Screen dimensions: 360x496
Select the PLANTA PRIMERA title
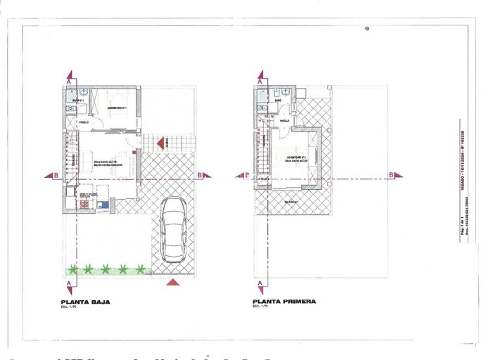click(x=284, y=302)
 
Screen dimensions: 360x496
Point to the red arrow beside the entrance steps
click(x=161, y=143)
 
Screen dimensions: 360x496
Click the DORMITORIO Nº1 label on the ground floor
click(x=116, y=108)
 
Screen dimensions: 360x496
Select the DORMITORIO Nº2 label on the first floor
click(x=295, y=157)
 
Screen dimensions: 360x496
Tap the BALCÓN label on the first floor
click(x=292, y=202)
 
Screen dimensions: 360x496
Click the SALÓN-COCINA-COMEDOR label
click(x=108, y=165)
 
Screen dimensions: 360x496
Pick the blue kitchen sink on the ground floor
click(x=103, y=205)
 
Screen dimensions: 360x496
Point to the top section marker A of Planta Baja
click(x=68, y=82)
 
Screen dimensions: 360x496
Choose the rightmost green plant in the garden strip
click(x=141, y=269)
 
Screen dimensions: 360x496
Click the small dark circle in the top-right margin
click(x=367, y=29)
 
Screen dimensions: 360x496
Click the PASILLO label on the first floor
click(x=284, y=121)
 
